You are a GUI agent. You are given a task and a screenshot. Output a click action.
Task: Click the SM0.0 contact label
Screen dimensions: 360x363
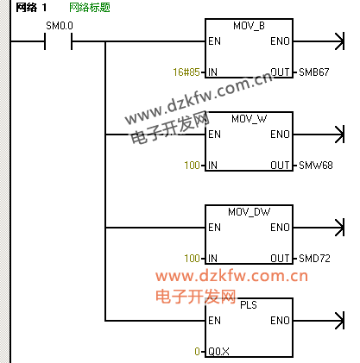[x=60, y=26]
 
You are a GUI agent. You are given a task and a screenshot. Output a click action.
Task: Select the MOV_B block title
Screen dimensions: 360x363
[x=249, y=26]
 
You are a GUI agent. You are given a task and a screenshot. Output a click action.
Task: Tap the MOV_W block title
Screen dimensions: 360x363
[x=249, y=119]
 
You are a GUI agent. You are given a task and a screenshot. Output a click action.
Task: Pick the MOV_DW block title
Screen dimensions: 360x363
[x=249, y=212]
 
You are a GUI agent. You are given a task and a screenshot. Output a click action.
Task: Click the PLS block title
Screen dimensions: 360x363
[x=249, y=305]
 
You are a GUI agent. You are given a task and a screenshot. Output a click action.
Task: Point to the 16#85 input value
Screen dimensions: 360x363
[x=186, y=72]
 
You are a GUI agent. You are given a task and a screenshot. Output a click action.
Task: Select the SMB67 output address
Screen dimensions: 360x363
[x=314, y=72]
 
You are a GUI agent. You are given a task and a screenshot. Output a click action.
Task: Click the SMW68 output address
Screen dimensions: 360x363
[x=316, y=166]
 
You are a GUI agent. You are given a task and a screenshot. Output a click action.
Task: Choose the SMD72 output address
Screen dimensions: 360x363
[x=314, y=259]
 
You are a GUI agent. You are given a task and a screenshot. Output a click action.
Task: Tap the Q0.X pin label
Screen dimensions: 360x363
[x=218, y=352]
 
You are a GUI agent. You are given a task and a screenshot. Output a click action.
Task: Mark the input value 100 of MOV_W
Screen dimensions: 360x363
[x=193, y=166]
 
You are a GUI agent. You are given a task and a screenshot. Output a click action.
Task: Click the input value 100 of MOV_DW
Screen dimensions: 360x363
[x=193, y=259]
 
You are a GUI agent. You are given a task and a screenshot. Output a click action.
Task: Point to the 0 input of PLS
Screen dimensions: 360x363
[x=197, y=352]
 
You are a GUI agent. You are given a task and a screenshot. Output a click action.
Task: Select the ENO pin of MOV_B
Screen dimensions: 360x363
[x=280, y=41]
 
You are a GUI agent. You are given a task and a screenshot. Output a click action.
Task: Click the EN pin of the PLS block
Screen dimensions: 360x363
[x=215, y=321]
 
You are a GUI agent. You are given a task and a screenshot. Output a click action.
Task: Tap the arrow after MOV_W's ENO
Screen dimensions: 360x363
[x=319, y=135]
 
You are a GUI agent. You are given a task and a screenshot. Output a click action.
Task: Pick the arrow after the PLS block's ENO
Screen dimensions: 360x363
[x=319, y=321]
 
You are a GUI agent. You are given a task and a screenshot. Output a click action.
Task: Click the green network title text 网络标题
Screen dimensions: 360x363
[x=90, y=8]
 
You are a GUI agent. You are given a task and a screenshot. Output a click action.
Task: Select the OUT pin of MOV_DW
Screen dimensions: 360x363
[x=280, y=259]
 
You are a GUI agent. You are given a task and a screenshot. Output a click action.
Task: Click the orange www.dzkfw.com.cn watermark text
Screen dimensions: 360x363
[x=231, y=276]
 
